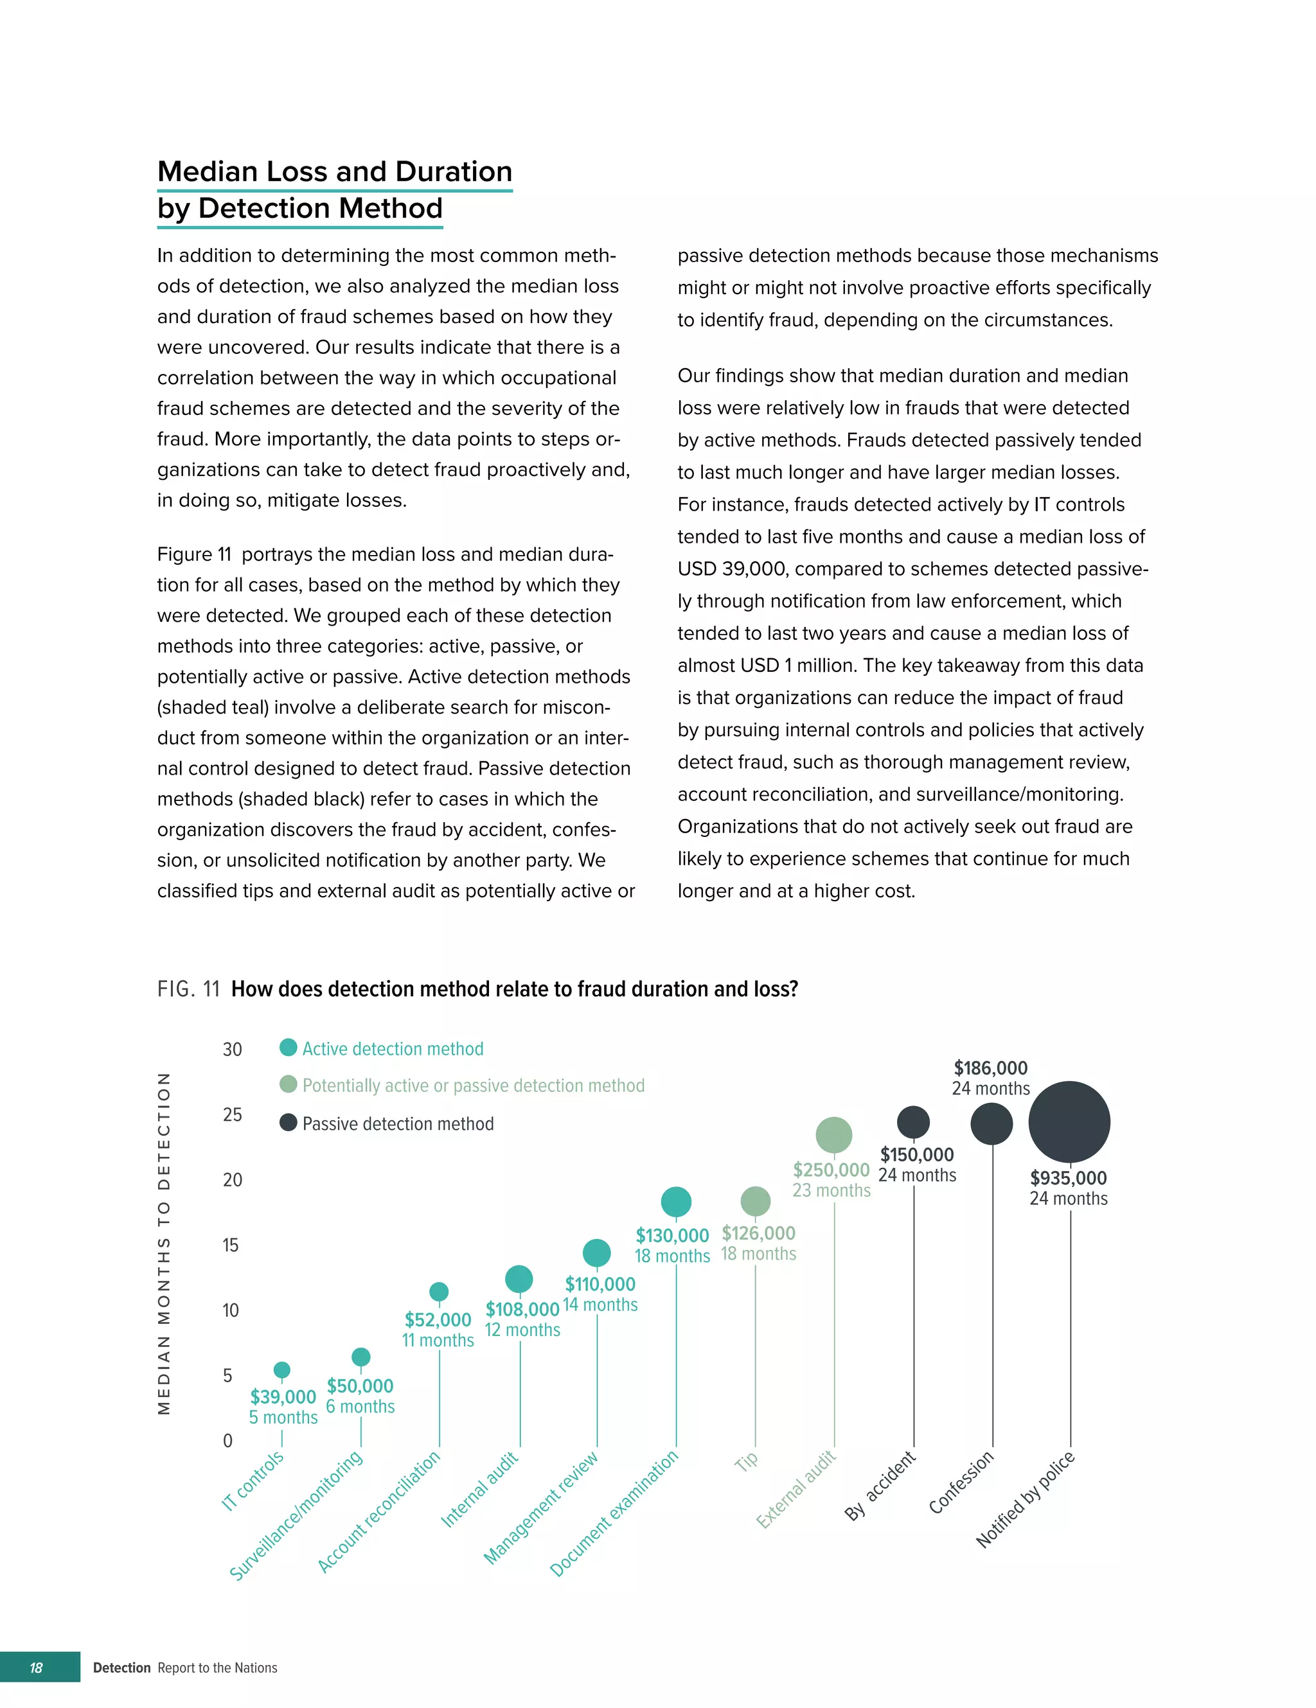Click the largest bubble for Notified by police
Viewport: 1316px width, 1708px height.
[1069, 1122]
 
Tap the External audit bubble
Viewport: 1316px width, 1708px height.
[833, 1135]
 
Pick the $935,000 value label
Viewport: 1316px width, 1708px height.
[1068, 1178]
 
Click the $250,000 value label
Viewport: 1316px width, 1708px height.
[831, 1170]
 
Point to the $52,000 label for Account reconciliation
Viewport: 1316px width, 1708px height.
[438, 1319]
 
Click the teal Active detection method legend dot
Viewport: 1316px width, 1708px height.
[288, 1047]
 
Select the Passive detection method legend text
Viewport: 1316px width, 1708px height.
[398, 1124]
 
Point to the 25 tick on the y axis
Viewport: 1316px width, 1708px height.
[233, 1114]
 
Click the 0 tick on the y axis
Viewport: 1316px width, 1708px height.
[227, 1441]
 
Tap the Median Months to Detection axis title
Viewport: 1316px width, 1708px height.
[163, 1244]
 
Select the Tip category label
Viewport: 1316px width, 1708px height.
[747, 1461]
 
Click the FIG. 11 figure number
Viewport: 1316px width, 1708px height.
[188, 989]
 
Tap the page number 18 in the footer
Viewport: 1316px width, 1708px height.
[36, 1668]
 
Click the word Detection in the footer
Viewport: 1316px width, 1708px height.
[121, 1668]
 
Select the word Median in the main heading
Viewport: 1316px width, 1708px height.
[208, 172]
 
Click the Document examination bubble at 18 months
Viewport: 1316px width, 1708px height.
[676, 1201]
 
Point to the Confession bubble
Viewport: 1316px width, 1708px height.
[991, 1124]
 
